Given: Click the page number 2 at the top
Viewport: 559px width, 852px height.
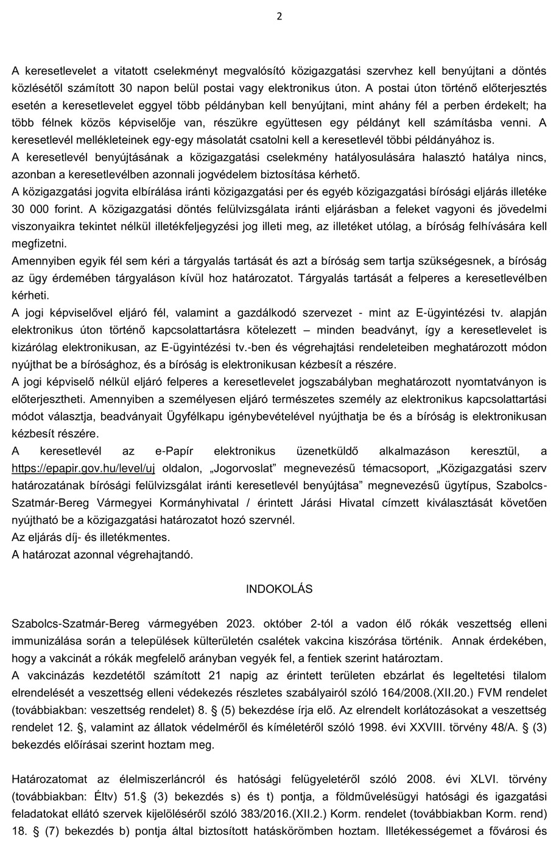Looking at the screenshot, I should coord(279,16).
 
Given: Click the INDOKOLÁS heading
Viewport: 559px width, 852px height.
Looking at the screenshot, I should coord(279,589).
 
